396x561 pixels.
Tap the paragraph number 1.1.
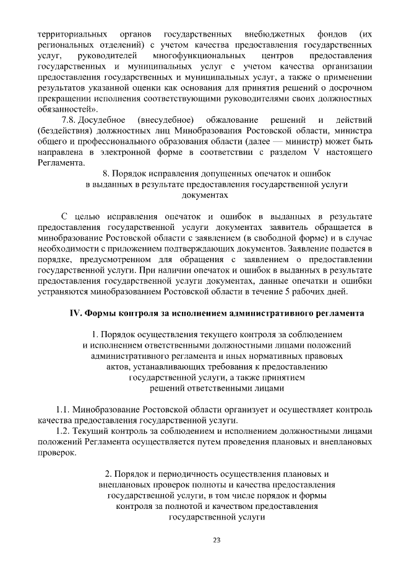coord(62,410)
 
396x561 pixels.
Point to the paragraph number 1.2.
coord(62,431)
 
